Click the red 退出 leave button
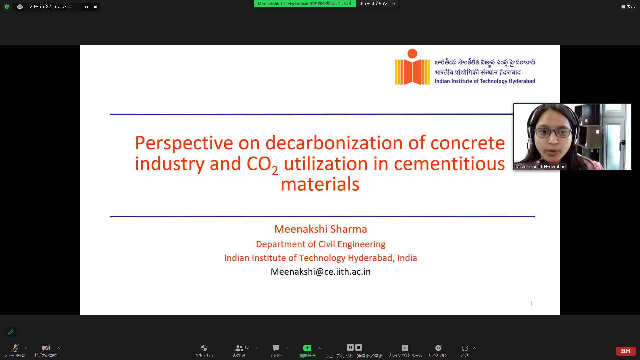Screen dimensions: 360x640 tap(625, 351)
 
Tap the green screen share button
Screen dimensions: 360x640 tap(307, 348)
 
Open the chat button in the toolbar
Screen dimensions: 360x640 tap(276, 348)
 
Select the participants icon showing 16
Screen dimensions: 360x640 tap(239, 348)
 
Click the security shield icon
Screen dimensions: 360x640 tap(204, 348)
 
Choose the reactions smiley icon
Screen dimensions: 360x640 tap(438, 348)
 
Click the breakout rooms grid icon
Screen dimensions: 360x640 tap(405, 348)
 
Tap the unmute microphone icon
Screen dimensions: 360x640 tap(15, 348)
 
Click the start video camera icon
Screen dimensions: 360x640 tap(46, 348)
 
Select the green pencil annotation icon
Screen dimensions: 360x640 tap(11, 332)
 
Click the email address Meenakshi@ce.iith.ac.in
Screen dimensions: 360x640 tap(320, 272)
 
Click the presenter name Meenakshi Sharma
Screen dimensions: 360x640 tap(320, 229)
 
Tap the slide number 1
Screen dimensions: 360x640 tap(532, 303)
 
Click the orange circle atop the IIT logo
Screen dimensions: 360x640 tap(412, 53)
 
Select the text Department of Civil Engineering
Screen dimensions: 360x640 tap(320, 244)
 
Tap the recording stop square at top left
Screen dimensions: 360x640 tap(95, 7)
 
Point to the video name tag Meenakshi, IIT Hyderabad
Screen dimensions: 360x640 tap(540, 166)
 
